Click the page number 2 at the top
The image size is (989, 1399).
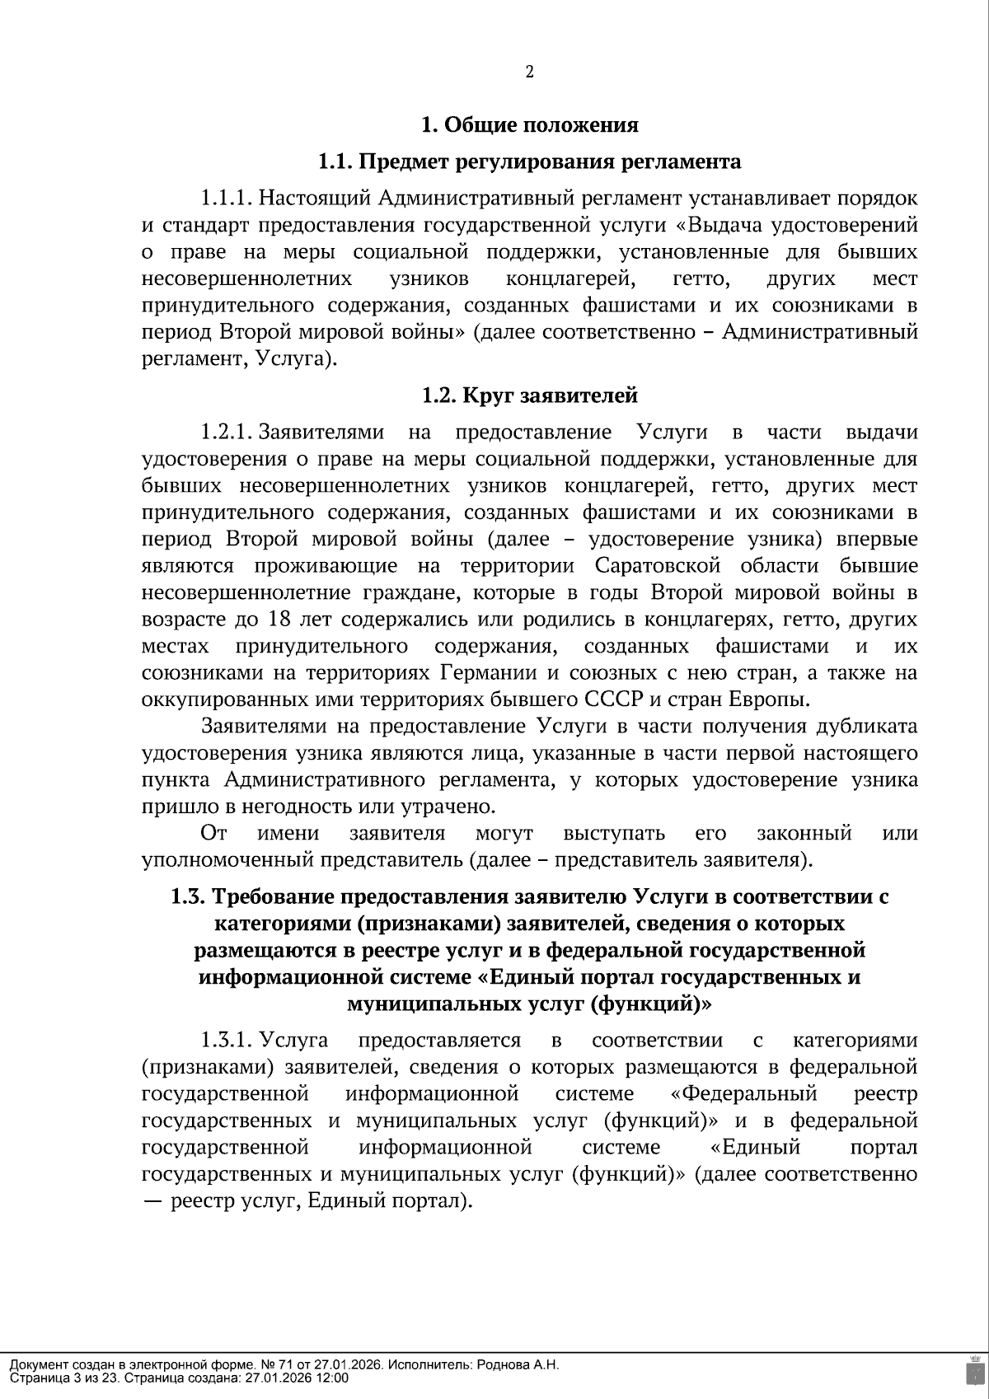pos(529,72)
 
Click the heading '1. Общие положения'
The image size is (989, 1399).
pos(529,125)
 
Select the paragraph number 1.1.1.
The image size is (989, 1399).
pos(226,199)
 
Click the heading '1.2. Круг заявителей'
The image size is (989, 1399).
pos(529,395)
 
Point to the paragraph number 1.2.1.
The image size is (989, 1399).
pos(226,433)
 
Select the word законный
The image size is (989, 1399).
pos(804,833)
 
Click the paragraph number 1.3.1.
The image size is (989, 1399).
pos(226,1041)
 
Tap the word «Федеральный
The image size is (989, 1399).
pos(744,1094)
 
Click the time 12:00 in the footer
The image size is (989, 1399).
pos(332,1378)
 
